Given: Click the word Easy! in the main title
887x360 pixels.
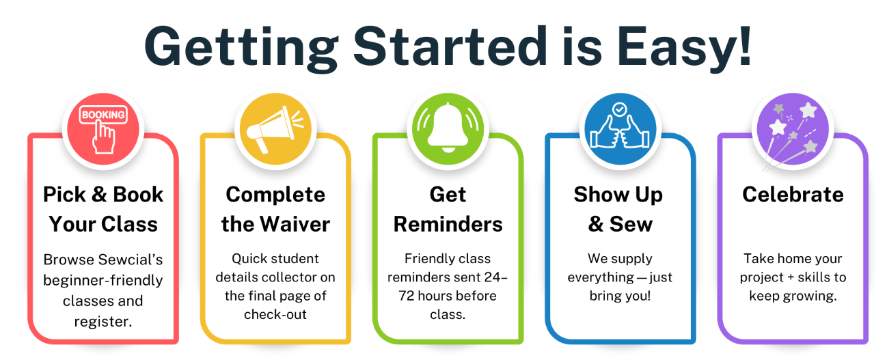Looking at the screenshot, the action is [x=684, y=48].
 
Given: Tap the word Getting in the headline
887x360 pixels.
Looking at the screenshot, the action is [x=241, y=49].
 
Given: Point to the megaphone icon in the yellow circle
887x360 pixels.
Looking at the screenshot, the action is [x=275, y=128].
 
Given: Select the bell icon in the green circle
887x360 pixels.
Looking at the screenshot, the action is [x=448, y=128].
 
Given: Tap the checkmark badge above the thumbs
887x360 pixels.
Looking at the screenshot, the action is [x=620, y=109].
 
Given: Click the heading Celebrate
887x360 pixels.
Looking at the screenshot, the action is [x=793, y=195].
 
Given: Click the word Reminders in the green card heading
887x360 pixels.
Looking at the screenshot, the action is [x=448, y=224].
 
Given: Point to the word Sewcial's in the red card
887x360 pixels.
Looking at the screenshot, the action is [x=131, y=260].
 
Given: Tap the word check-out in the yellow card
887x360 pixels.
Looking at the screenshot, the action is [x=275, y=314].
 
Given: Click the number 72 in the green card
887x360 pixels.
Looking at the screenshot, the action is [x=407, y=296].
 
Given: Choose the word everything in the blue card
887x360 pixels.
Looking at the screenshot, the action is [x=601, y=278].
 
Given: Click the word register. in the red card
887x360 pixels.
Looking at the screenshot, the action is [x=103, y=322].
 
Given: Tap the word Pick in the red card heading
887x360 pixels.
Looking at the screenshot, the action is [x=64, y=195].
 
